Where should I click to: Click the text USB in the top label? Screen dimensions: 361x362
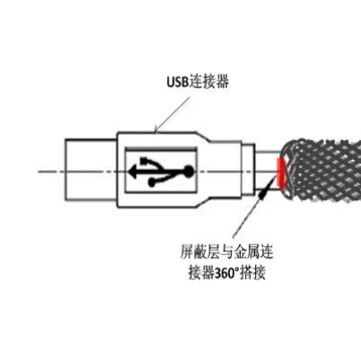pyautogui.click(x=178, y=82)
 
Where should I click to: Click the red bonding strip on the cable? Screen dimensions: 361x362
pyautogui.click(x=281, y=173)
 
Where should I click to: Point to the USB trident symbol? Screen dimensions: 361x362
pyautogui.click(x=161, y=172)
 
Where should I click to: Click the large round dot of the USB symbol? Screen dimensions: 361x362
pyautogui.click(x=188, y=172)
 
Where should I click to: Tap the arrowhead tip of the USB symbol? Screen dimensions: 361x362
pyautogui.click(x=129, y=172)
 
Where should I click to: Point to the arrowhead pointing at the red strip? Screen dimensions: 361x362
pyautogui.click(x=263, y=192)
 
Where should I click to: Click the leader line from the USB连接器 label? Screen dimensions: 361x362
pyautogui.click(x=172, y=114)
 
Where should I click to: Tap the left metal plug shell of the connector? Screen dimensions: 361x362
pyautogui.click(x=91, y=170)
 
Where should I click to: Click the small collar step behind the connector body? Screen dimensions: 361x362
pyautogui.click(x=249, y=170)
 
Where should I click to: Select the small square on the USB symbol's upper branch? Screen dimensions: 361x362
pyautogui.click(x=145, y=161)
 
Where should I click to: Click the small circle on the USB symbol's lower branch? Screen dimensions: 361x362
pyautogui.click(x=152, y=182)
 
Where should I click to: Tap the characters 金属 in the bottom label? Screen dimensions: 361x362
pyautogui.click(x=247, y=252)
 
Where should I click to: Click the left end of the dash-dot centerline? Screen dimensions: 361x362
pyautogui.click(x=39, y=172)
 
